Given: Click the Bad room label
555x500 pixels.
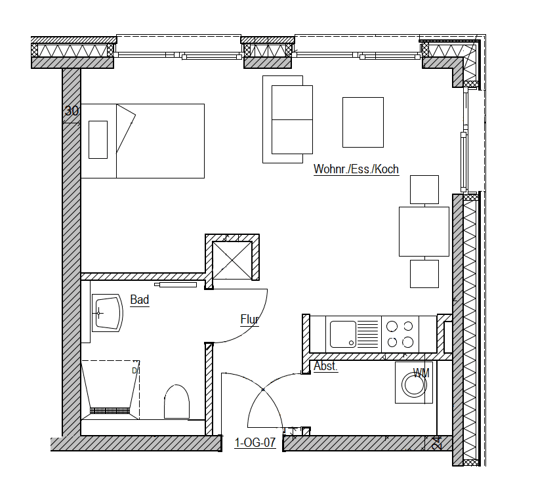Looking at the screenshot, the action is [x=140, y=300].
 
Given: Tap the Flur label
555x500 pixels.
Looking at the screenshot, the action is [x=249, y=319].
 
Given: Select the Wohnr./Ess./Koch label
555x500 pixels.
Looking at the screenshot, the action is [x=356, y=169].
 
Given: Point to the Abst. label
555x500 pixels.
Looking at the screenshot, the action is [x=325, y=365].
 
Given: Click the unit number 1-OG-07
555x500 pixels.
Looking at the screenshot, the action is [x=255, y=442].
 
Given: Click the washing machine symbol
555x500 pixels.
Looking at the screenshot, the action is [x=414, y=383].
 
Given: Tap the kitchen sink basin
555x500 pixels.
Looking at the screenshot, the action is [x=343, y=334].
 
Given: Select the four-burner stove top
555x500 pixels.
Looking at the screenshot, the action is [x=400, y=334].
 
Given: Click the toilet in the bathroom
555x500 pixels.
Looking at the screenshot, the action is [x=176, y=402].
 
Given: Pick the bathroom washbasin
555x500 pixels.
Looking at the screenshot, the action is [x=107, y=313].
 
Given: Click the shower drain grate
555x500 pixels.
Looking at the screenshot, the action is [x=110, y=411].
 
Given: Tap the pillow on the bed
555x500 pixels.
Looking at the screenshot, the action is [x=98, y=140].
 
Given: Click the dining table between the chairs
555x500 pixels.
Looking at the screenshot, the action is [x=424, y=232].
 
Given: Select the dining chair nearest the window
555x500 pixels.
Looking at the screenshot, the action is [x=424, y=190].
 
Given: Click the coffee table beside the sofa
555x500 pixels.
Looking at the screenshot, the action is [x=363, y=122].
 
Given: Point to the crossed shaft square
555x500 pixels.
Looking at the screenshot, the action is [x=232, y=260].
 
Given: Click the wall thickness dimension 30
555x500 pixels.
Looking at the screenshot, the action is [x=72, y=111].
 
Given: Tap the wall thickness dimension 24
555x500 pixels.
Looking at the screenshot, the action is [x=438, y=443].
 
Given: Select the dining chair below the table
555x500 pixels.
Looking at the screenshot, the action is [x=424, y=274].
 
